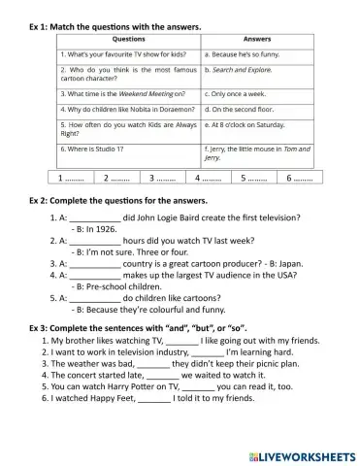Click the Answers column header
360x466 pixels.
(x=257, y=40)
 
